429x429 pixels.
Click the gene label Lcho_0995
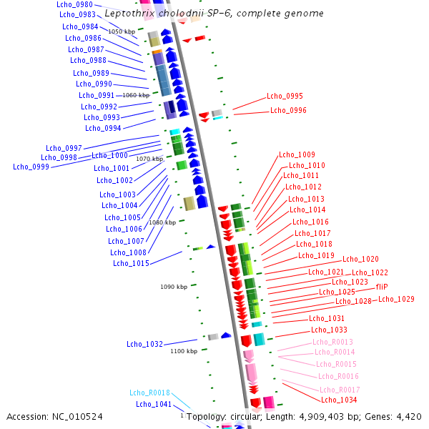(285, 96)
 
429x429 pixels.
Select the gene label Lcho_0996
(288, 110)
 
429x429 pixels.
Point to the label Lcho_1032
(144, 344)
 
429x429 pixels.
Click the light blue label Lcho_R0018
(149, 393)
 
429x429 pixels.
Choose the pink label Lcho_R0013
(332, 342)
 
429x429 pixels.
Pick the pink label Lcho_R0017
(340, 390)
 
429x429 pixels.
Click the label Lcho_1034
(340, 400)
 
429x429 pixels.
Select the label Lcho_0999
(31, 167)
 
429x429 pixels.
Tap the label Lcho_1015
(131, 263)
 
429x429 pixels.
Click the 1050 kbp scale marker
(122, 31)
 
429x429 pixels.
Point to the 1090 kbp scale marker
(174, 287)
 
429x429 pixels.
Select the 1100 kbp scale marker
(184, 351)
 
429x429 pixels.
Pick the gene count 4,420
(409, 415)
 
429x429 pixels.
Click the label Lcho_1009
(297, 154)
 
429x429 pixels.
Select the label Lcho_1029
(396, 299)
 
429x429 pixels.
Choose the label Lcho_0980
(75, 4)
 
